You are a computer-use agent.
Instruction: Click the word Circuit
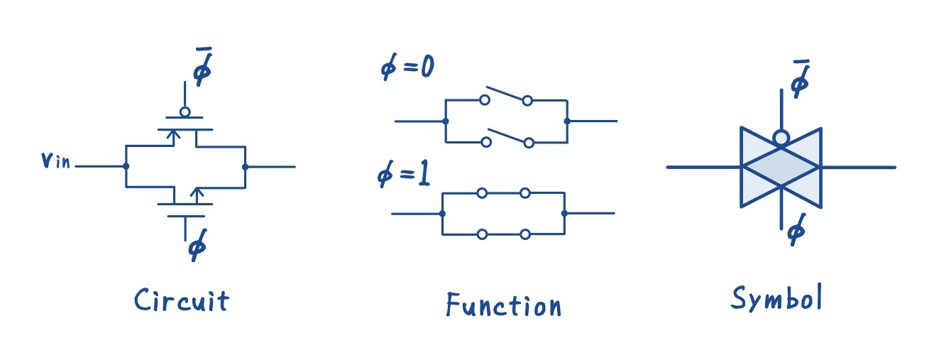(182, 301)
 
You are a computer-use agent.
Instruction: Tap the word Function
(503, 305)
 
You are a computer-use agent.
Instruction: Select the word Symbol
(776, 299)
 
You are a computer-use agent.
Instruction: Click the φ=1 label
(404, 174)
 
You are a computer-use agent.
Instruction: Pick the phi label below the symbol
(797, 231)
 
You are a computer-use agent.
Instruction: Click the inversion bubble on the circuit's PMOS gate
(185, 111)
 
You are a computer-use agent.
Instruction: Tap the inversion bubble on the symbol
(781, 138)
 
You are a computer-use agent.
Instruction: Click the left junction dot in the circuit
(126, 166)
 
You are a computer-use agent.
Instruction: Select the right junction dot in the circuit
(245, 167)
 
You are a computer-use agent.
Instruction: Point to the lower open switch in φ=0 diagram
(507, 137)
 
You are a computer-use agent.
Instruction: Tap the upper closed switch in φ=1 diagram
(503, 192)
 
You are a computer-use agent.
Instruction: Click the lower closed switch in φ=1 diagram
(503, 234)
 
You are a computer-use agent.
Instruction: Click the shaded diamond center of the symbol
(781, 167)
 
